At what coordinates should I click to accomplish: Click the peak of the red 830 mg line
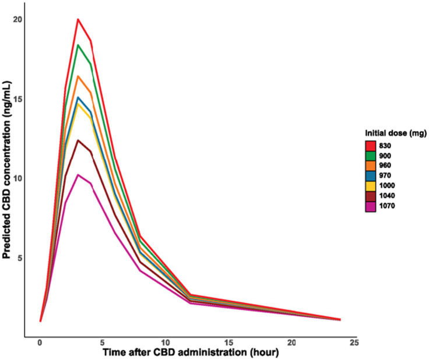coord(78,19)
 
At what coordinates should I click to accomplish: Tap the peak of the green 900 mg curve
coord(78,45)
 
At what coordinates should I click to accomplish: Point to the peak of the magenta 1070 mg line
coord(78,175)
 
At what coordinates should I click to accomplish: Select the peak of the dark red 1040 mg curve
coord(78,140)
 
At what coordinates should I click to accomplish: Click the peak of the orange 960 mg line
coord(78,76)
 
